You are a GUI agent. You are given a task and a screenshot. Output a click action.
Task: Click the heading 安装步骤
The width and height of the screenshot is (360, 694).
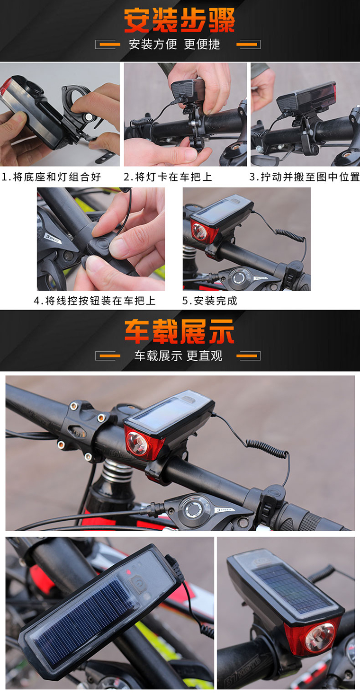point(180,20)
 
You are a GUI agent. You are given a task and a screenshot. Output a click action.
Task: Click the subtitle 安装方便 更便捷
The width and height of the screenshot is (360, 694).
point(175,44)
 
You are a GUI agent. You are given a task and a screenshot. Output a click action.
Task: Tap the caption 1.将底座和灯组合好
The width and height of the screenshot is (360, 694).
point(52,177)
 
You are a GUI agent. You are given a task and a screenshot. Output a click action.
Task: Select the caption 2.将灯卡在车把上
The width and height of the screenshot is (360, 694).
point(168,177)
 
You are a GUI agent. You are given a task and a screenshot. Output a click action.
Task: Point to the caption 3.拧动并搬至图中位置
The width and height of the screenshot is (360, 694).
point(305,177)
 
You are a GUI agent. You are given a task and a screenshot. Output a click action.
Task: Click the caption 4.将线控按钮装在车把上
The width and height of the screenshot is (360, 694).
point(95,301)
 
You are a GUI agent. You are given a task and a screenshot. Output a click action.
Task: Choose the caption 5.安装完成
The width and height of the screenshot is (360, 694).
point(210,301)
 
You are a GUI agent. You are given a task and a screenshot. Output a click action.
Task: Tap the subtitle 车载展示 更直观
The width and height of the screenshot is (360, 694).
point(178,356)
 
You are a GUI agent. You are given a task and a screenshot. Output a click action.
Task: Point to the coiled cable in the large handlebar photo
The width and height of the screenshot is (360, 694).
point(267,450)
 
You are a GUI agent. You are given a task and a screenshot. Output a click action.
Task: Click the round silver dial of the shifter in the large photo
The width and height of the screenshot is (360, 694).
point(194,509)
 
